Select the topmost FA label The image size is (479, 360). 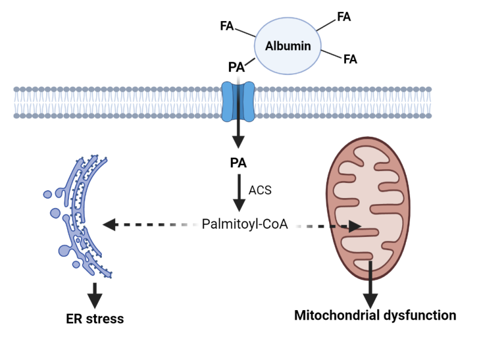point(344,17)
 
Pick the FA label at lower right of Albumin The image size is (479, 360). point(350,59)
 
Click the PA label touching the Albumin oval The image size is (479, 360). point(237,67)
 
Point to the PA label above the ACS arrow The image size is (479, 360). point(238,163)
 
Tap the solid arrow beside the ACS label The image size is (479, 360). point(239,193)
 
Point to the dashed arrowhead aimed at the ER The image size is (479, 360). point(109,225)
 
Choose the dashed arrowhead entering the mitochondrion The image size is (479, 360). point(355,227)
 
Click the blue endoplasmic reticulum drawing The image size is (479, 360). point(81,216)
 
